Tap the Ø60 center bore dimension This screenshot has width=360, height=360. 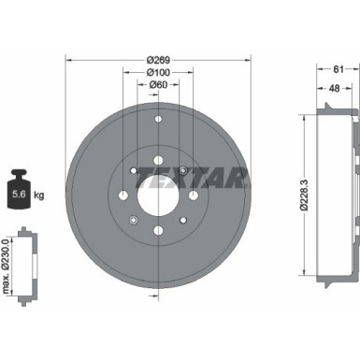click(x=158, y=85)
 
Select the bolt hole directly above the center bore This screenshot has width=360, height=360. click(x=158, y=147)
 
